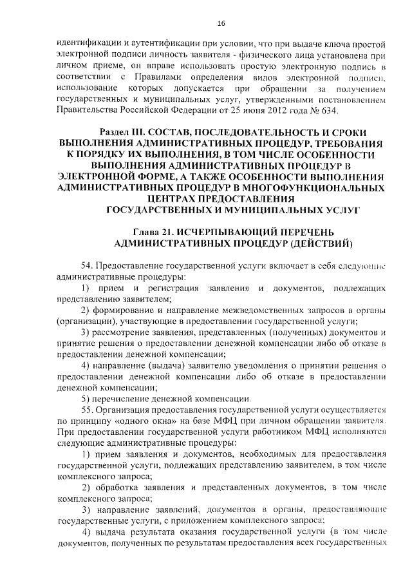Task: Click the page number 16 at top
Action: [221, 24]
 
